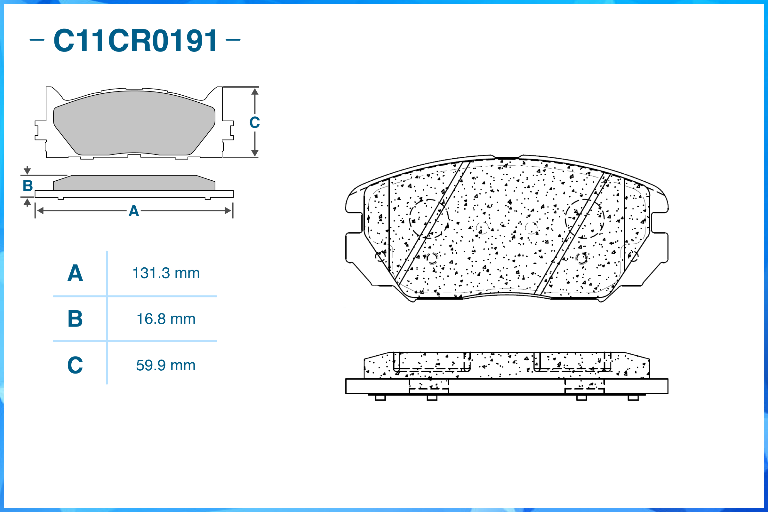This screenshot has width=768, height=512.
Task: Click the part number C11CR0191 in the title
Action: [135, 40]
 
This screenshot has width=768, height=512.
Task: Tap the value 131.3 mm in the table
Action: [166, 273]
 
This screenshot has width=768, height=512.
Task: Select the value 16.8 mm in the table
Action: [166, 319]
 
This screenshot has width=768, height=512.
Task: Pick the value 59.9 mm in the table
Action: [166, 366]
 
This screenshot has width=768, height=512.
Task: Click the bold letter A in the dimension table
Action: [75, 273]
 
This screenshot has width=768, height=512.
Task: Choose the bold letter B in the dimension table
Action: [75, 319]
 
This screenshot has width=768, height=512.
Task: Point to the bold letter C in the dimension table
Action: [75, 365]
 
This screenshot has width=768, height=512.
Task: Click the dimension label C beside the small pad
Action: [255, 122]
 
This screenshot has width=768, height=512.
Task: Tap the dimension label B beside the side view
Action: [28, 186]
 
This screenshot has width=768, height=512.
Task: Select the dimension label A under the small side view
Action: [134, 211]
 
